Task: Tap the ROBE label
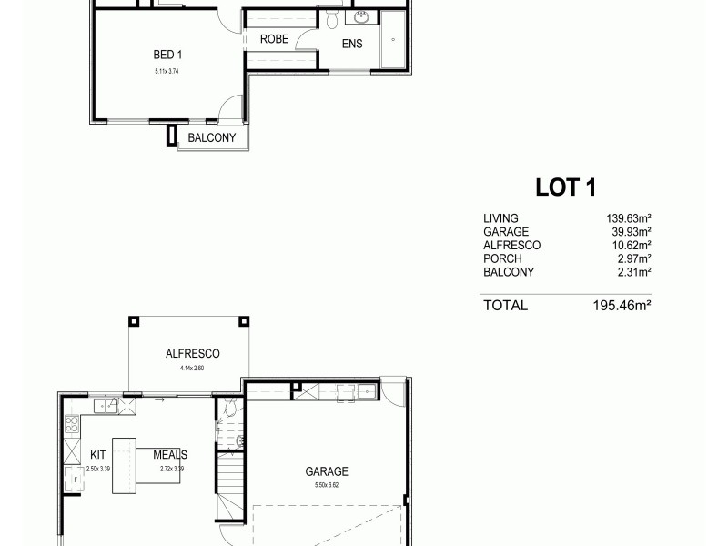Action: (x=275, y=40)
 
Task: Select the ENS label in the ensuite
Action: (x=352, y=44)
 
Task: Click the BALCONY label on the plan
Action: (x=212, y=138)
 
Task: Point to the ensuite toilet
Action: (x=332, y=19)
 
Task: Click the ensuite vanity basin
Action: (x=361, y=17)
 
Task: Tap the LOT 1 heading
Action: (x=565, y=187)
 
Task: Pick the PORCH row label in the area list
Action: (x=502, y=258)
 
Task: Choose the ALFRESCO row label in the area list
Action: (x=512, y=245)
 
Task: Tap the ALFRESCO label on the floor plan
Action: (x=193, y=354)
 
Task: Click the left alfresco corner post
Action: (x=134, y=320)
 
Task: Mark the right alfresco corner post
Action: (x=242, y=320)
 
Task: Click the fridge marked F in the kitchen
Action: (x=73, y=477)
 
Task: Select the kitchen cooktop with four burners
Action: (x=70, y=424)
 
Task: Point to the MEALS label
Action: (x=170, y=454)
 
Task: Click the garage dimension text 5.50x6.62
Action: (x=327, y=485)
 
